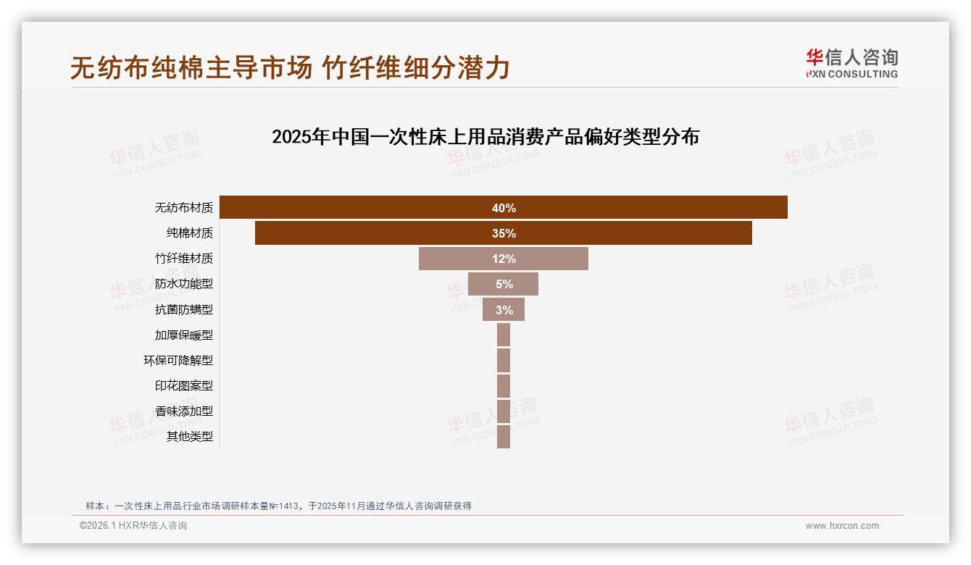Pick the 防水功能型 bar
481,284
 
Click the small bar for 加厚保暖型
504,335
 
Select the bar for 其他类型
504,436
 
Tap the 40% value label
504,208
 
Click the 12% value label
504,259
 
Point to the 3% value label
504,310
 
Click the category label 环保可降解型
178,360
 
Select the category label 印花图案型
184,385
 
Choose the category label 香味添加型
184,411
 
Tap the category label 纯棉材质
190,233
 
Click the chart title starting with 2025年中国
485,137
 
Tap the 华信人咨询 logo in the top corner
851,64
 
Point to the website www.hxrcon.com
842,526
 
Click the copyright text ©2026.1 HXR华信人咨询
133,526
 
